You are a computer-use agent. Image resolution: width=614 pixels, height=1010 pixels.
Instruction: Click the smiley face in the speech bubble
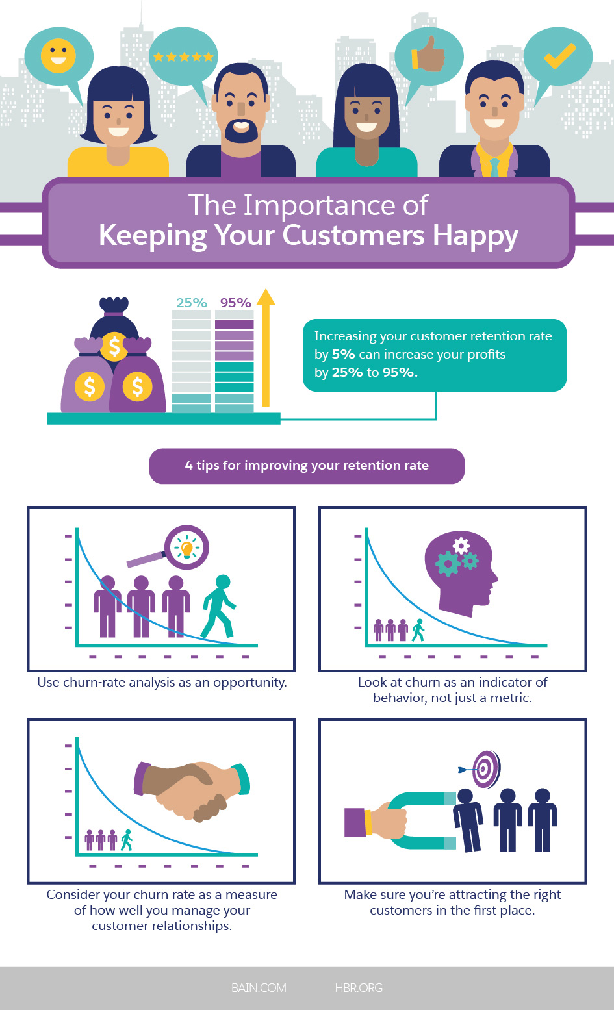click(x=58, y=55)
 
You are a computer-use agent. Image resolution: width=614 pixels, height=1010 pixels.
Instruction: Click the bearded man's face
click(x=241, y=107)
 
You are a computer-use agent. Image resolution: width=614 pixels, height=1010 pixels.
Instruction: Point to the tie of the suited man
click(x=494, y=166)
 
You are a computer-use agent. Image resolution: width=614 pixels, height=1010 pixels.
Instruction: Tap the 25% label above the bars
click(x=192, y=303)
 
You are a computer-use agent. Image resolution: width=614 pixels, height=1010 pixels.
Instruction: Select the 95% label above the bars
click(x=235, y=303)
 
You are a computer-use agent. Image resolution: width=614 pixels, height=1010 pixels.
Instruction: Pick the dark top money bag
click(x=114, y=325)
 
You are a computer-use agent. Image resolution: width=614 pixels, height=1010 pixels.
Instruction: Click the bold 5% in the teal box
click(x=343, y=355)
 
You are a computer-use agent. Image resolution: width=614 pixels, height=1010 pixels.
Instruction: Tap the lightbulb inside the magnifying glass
click(x=187, y=548)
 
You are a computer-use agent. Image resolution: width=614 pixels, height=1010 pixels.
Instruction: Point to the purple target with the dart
click(x=485, y=769)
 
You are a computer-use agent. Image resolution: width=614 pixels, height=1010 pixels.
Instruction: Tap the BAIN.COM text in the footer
click(x=259, y=987)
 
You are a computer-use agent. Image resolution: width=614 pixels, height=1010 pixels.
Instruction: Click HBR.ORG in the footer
click(x=359, y=987)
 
